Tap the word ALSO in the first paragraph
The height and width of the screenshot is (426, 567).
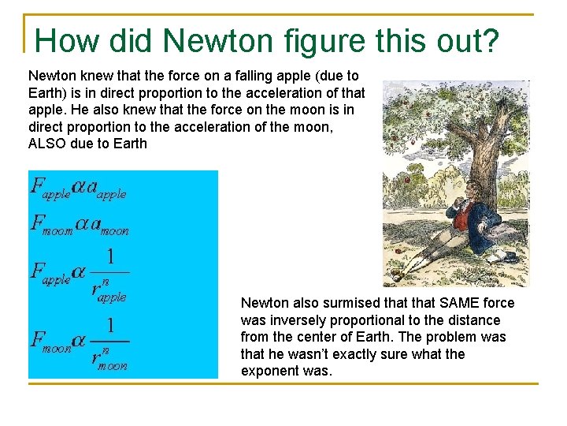pyautogui.click(x=49, y=144)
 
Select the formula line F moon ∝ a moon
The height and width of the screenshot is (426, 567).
pyautogui.click(x=79, y=225)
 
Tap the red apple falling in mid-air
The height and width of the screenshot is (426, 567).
pyautogui.click(x=407, y=180)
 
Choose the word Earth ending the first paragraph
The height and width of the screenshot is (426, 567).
pyautogui.click(x=131, y=144)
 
